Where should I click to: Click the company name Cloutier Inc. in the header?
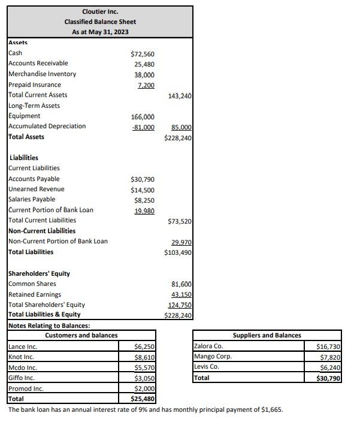click(x=100, y=11)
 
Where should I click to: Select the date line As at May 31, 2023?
click(x=100, y=32)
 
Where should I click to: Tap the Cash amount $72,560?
click(x=143, y=54)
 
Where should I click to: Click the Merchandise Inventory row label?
click(x=43, y=74)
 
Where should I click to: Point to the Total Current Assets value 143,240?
click(x=180, y=96)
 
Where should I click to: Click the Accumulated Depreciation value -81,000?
click(x=143, y=127)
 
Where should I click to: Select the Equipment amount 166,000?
click(x=143, y=117)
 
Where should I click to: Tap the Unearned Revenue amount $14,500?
click(x=143, y=189)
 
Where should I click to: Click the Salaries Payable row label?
click(x=32, y=199)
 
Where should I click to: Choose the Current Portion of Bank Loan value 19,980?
click(x=144, y=211)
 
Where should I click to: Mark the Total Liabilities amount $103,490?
click(x=178, y=252)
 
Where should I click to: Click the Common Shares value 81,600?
click(x=181, y=284)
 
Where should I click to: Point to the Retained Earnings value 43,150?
click(x=181, y=295)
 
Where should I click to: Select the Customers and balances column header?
click(x=81, y=335)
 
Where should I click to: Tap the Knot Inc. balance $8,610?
click(x=146, y=357)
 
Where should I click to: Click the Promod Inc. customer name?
click(x=26, y=388)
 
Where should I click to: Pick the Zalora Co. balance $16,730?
click(x=329, y=346)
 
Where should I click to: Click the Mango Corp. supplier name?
click(x=213, y=357)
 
